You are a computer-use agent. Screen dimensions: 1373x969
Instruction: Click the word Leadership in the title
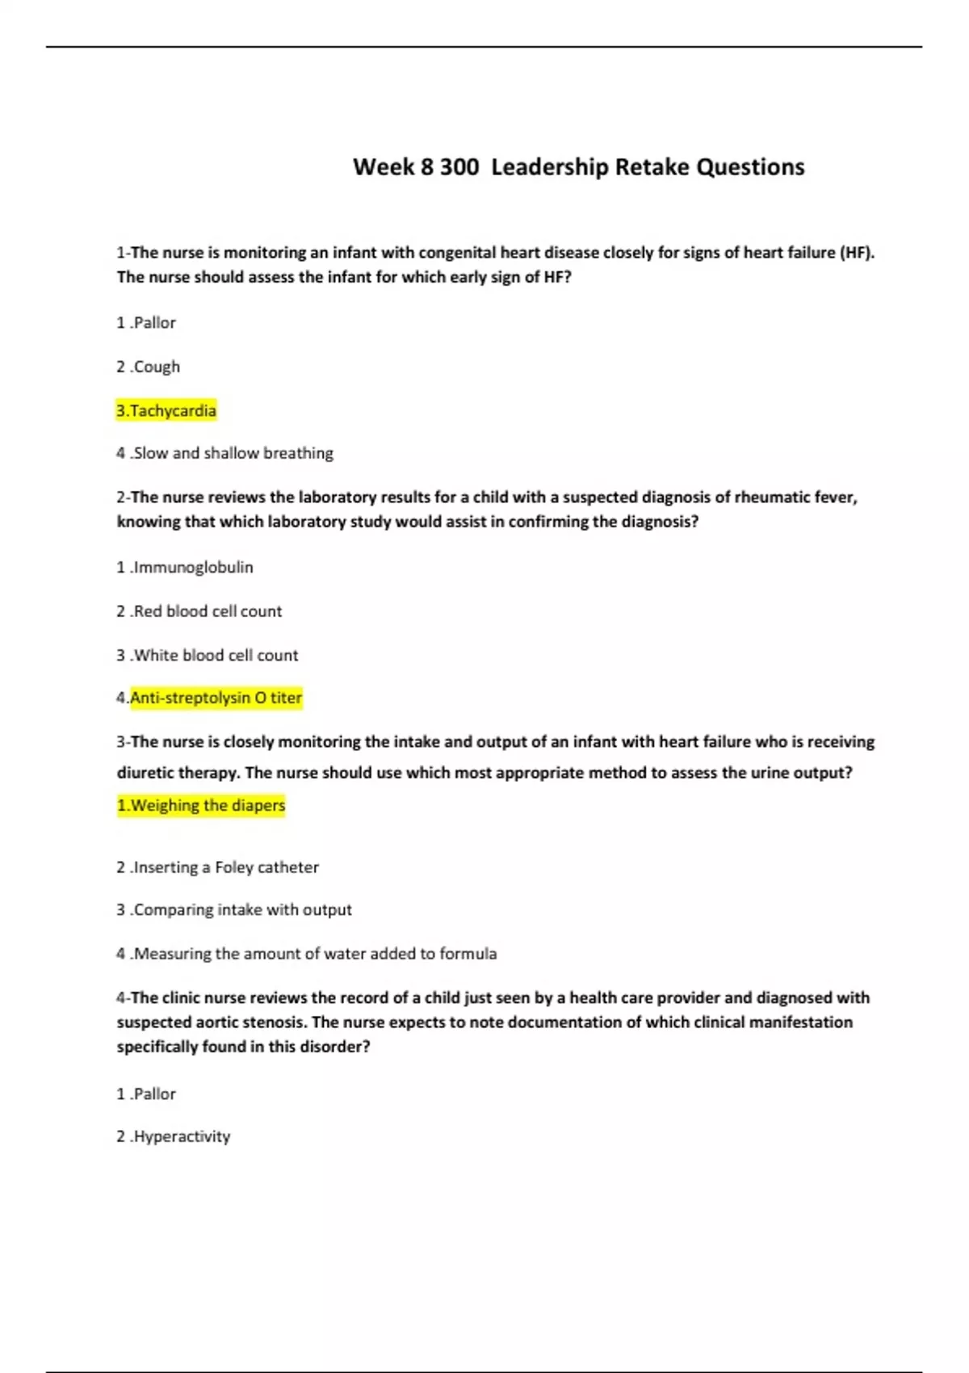point(550,167)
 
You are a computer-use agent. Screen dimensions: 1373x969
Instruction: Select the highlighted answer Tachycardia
point(166,411)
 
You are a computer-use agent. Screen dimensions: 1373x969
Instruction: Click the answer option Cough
point(149,367)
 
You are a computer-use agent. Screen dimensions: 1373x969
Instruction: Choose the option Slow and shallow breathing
point(225,453)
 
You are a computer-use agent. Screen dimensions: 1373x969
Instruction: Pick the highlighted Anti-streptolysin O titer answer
point(210,698)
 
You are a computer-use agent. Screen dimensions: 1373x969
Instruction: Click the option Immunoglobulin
point(185,567)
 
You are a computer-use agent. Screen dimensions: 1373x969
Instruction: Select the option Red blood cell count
point(199,611)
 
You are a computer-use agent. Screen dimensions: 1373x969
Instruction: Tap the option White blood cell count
point(208,655)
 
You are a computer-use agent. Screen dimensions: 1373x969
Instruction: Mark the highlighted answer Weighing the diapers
point(201,805)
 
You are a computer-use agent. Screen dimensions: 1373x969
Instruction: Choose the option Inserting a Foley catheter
point(218,867)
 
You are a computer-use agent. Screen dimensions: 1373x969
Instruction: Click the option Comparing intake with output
point(234,909)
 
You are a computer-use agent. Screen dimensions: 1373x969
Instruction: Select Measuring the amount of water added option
point(307,954)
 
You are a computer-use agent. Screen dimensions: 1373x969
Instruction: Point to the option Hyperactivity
point(174,1136)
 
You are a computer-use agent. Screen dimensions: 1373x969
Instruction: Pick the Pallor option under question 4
point(146,1094)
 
